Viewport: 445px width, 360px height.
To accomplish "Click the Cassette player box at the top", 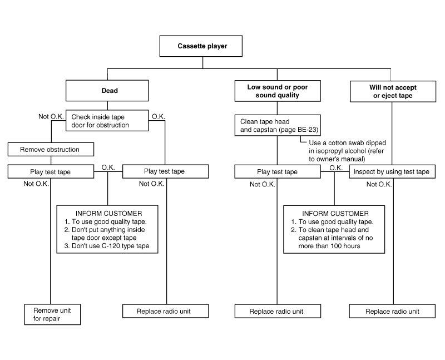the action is [201, 46].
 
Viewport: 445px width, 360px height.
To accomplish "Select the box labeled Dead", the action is [107, 91].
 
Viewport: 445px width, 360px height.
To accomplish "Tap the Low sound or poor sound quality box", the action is [278, 91].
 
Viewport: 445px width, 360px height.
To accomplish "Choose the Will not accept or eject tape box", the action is [393, 91].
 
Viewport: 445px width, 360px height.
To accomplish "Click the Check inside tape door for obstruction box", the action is [107, 121].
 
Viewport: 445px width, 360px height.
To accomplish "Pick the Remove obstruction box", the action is [51, 149].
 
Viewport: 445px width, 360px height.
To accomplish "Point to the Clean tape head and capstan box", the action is [278, 125].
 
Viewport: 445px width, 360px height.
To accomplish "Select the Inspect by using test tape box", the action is [392, 171].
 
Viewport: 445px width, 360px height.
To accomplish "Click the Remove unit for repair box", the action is [52, 314].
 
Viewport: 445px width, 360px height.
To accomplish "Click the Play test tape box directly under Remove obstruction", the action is [51, 171].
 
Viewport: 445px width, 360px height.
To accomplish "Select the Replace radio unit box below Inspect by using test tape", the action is [392, 311].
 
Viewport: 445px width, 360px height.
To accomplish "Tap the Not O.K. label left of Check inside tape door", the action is [51, 116].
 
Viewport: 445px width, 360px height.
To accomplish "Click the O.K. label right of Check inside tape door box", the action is [159, 116].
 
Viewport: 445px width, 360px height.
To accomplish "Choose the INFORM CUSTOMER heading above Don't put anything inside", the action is [108, 214].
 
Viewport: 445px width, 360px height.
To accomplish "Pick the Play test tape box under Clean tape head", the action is [278, 171].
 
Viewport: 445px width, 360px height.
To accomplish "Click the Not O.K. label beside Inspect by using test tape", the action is [379, 184].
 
